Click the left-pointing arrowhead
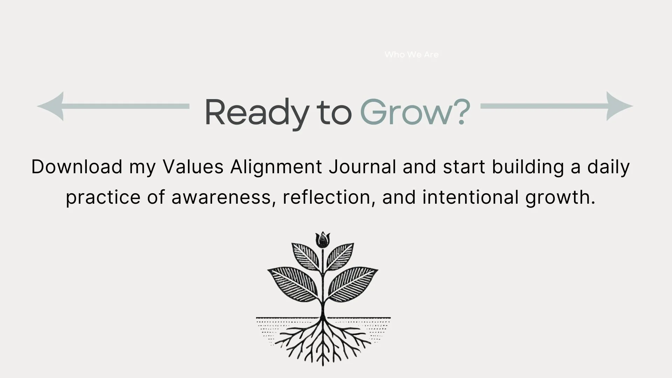51,106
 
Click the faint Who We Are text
411,55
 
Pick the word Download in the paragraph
77,167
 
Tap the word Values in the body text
193,167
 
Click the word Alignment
276,167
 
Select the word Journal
362,167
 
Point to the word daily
608,167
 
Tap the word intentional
470,198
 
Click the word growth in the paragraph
560,198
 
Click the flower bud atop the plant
322,240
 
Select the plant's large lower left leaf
293,283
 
